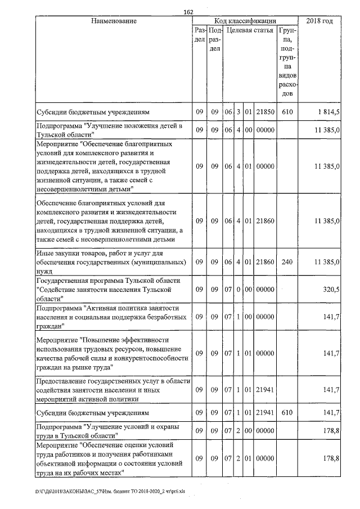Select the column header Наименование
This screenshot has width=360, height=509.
(114, 21)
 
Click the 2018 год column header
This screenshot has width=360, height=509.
(319, 21)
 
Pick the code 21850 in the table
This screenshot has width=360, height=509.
(264, 112)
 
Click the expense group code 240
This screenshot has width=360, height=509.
(287, 262)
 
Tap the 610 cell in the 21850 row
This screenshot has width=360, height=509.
(287, 112)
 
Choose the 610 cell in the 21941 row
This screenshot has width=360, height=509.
(287, 412)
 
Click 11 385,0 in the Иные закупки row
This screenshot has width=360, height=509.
(326, 262)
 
